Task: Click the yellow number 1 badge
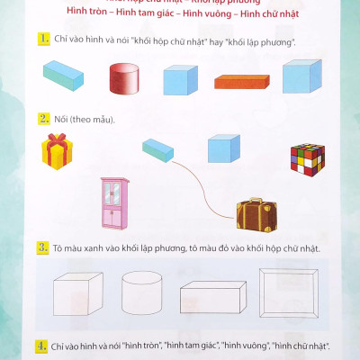point(42,38)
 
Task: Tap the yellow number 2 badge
point(42,118)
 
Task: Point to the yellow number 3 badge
point(42,247)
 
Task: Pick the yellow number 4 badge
point(42,345)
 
